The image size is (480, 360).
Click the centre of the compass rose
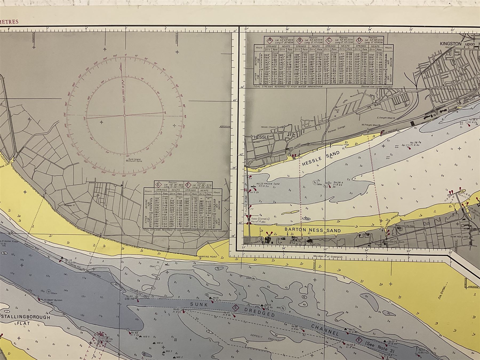coord(125,115)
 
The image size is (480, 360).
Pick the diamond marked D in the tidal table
coord(359,41)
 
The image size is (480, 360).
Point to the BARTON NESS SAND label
coord(313,230)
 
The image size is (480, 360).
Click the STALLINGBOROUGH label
coord(26,317)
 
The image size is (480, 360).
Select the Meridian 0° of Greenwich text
coord(327,257)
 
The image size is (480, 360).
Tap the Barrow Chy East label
coord(405,226)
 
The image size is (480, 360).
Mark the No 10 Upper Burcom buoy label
coord(52,300)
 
